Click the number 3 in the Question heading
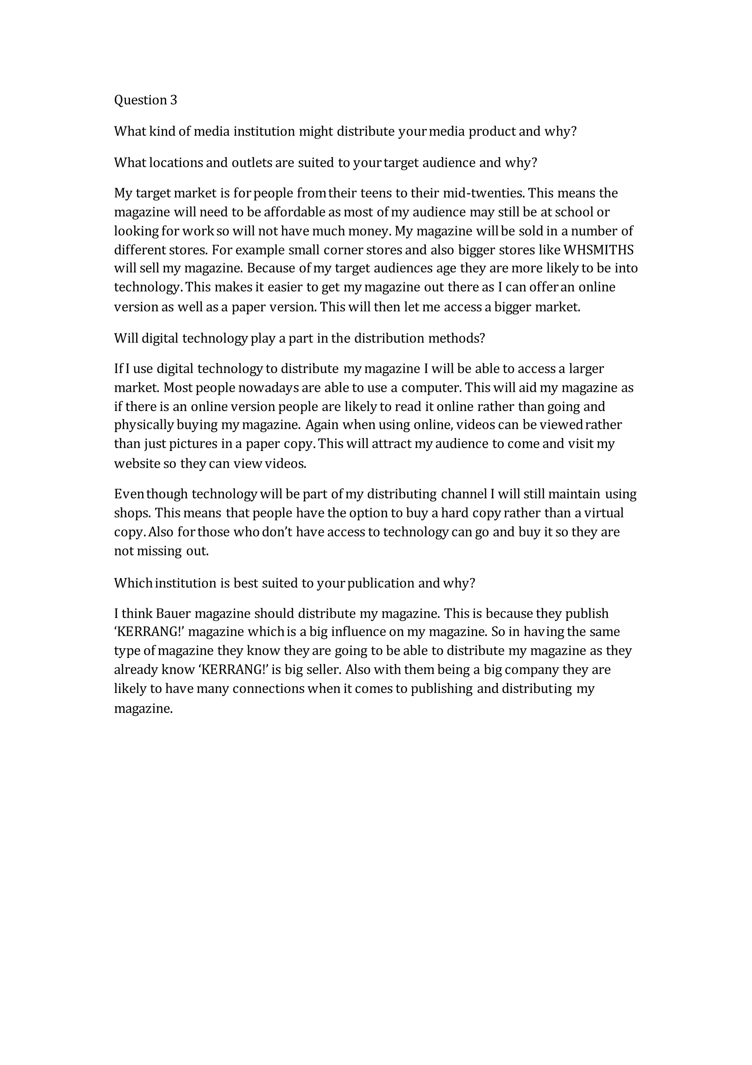(174, 100)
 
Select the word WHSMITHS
(598, 250)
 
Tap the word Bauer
(174, 614)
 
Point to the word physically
(144, 425)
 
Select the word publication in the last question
(381, 583)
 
